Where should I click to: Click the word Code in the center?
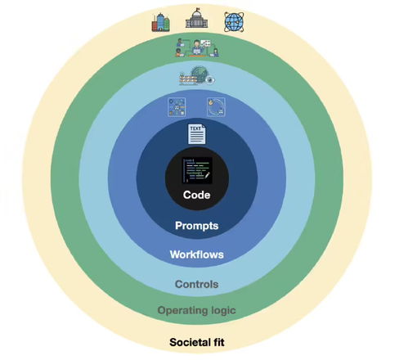click(196, 195)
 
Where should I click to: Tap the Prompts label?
click(196, 226)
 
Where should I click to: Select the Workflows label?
click(196, 254)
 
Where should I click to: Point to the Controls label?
click(196, 284)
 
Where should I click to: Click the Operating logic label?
click(196, 311)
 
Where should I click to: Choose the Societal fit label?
click(197, 342)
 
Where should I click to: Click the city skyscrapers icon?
click(161, 22)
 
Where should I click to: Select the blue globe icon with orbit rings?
click(234, 22)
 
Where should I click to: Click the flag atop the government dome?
click(197, 10)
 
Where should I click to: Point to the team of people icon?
click(197, 48)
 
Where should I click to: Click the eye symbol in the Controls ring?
click(210, 80)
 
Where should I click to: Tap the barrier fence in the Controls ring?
click(188, 79)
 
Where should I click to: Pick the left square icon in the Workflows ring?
click(177, 107)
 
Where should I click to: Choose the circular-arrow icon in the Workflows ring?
click(216, 107)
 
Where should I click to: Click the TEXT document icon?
click(197, 134)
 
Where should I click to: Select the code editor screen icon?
click(197, 170)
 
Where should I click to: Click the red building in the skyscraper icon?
click(155, 26)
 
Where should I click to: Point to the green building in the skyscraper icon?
click(167, 24)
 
